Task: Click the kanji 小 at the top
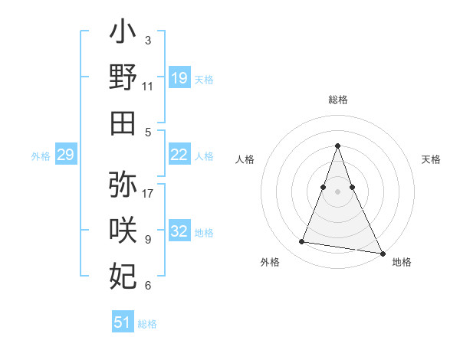tap(123, 34)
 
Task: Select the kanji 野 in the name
tap(123, 79)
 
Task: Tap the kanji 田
tap(123, 123)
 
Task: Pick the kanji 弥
tap(123, 185)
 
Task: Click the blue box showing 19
tap(179, 78)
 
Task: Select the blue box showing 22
tap(179, 155)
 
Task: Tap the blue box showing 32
tap(179, 232)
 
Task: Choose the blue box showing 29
tap(65, 155)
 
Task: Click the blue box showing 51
tap(123, 322)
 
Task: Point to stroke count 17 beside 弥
tap(149, 193)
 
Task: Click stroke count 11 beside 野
tap(148, 87)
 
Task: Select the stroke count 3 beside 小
tap(148, 40)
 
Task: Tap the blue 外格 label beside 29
tap(41, 156)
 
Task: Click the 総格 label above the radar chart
tap(338, 100)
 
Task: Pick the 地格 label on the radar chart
tap(402, 263)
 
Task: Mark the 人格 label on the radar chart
tap(245, 159)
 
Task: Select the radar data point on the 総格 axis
tap(337, 146)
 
